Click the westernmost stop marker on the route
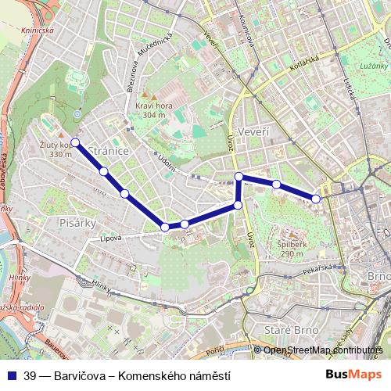click(75, 142)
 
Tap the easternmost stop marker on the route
click(316, 199)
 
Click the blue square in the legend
click(13, 375)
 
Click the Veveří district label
click(255, 132)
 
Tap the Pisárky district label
click(77, 223)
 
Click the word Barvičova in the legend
click(79, 375)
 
